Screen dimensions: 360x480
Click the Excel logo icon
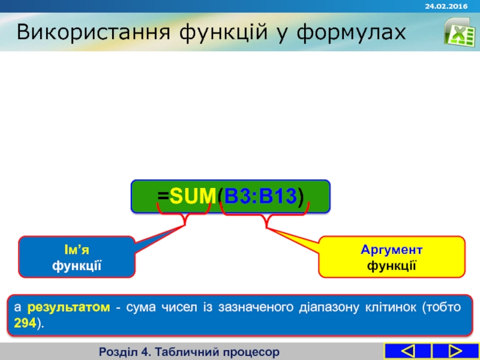[x=459, y=31]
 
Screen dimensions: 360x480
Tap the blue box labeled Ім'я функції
[x=77, y=257]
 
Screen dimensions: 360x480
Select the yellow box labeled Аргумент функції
[x=391, y=257]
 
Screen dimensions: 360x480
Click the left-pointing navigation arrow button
[x=407, y=351]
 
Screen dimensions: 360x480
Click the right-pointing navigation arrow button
[x=455, y=351]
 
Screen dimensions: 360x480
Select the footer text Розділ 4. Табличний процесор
[x=190, y=351]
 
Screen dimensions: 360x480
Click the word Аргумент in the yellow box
[x=391, y=250]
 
